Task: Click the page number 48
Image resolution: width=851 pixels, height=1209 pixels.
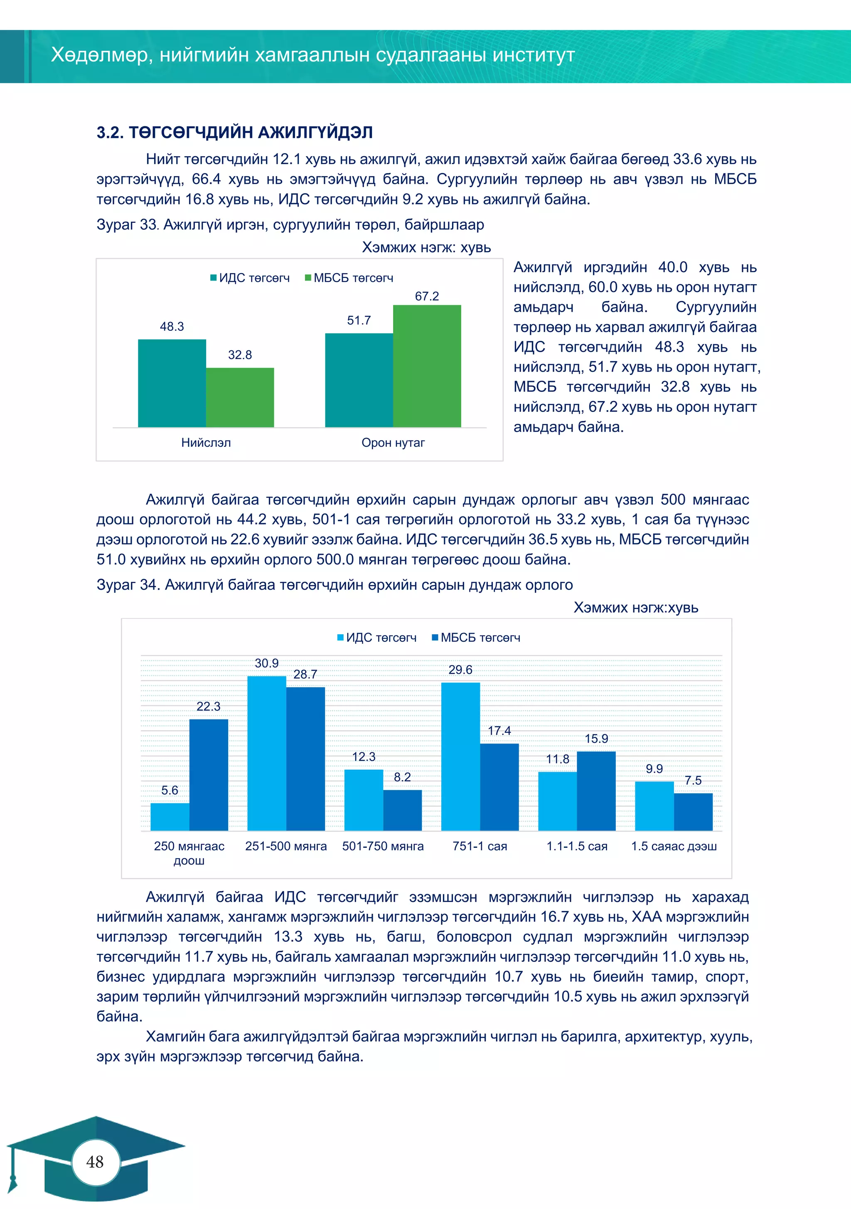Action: tap(95, 1162)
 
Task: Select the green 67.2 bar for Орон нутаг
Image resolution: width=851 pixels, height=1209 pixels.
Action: tap(427, 366)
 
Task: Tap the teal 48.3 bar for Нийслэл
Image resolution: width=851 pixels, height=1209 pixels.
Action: tap(172, 383)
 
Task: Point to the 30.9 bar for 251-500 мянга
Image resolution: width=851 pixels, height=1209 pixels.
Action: tap(266, 753)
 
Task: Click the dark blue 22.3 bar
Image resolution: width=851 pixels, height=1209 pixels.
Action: tap(209, 775)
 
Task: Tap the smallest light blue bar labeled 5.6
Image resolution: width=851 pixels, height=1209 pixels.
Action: tap(170, 816)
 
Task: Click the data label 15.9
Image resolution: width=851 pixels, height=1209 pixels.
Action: tap(596, 739)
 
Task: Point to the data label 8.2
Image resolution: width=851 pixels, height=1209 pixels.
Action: tap(402, 777)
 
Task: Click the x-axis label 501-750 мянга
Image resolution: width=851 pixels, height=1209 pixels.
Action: tap(383, 846)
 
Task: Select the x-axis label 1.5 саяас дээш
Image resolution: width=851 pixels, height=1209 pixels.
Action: tap(674, 846)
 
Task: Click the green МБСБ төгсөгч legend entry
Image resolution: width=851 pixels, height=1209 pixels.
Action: tap(349, 278)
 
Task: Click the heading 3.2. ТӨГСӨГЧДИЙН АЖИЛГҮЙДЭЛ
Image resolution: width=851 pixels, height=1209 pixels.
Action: tap(234, 132)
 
